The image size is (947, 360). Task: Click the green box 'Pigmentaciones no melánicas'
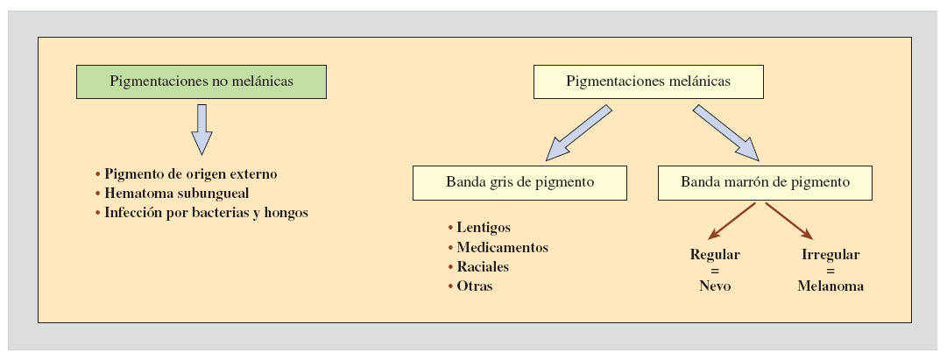(x=201, y=81)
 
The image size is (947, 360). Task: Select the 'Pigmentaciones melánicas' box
(x=648, y=81)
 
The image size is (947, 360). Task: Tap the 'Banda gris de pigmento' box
(x=520, y=183)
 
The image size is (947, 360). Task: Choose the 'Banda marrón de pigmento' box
(x=765, y=183)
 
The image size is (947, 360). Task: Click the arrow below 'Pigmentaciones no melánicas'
(x=202, y=129)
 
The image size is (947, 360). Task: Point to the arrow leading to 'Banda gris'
(x=578, y=133)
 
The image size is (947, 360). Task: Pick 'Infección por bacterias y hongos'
(x=206, y=212)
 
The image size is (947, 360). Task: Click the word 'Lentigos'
(x=484, y=228)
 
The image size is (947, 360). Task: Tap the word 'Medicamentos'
(x=502, y=247)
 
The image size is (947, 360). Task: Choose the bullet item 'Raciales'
(x=483, y=266)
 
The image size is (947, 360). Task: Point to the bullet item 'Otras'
(x=474, y=286)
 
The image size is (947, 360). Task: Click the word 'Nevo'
(x=715, y=286)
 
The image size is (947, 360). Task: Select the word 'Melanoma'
(x=830, y=286)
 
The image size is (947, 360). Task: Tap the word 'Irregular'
(x=830, y=255)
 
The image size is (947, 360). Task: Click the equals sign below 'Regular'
(x=715, y=271)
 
